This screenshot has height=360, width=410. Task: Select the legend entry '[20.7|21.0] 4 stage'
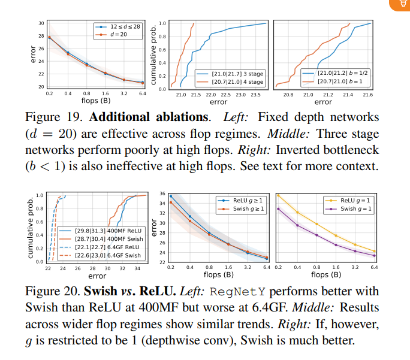click(237, 81)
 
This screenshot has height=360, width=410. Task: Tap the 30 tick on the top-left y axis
click(41, 23)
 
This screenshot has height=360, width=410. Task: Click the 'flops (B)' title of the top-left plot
click(96, 102)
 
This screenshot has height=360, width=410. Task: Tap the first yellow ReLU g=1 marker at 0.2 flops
click(278, 195)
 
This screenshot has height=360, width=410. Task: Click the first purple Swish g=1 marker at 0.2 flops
click(278, 208)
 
